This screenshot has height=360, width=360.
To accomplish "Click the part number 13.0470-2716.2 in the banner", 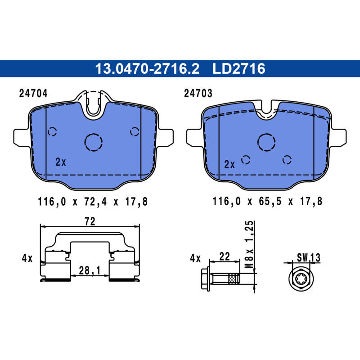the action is [x=147, y=68].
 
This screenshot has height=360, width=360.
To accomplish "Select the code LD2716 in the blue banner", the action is [x=239, y=68].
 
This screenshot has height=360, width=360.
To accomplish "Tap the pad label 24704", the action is [x=33, y=94].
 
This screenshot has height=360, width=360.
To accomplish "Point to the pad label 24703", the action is [x=198, y=94].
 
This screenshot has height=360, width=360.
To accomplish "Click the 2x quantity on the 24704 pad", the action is [x=61, y=162].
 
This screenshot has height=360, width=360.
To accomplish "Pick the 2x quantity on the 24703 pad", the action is [x=229, y=165].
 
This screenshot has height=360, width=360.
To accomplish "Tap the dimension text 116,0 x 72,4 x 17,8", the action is [x=93, y=202].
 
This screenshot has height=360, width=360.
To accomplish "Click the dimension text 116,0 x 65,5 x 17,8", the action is [x=267, y=201].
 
